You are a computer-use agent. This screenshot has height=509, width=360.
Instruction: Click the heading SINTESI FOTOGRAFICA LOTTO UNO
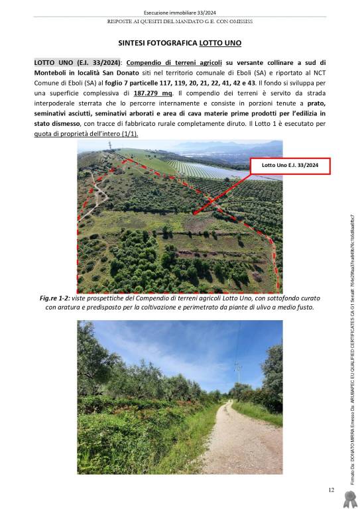pyautogui.click(x=180, y=43)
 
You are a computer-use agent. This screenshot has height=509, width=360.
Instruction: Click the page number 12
pyautogui.click(x=331, y=490)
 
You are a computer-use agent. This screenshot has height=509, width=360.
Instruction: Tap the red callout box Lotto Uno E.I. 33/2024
pyautogui.click(x=289, y=166)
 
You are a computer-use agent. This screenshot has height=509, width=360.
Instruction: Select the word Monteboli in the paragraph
pyautogui.click(x=54, y=72)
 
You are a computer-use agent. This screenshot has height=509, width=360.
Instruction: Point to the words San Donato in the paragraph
pyautogui.click(x=137, y=72)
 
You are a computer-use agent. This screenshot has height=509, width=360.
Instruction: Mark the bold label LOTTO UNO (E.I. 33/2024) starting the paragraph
pyautogui.click(x=74, y=62)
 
